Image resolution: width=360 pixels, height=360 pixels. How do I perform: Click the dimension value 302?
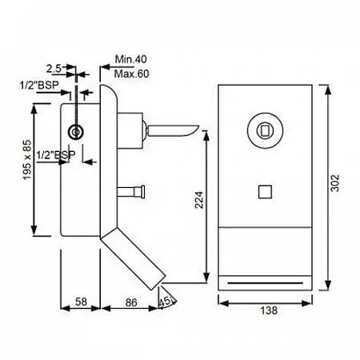click(334, 183)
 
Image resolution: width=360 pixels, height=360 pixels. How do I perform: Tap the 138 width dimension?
click(269, 310)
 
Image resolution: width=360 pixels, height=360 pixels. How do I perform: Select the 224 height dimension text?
click(199, 200)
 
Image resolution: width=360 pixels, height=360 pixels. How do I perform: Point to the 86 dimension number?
click(131, 302)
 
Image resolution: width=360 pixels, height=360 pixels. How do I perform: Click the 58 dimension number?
click(81, 302)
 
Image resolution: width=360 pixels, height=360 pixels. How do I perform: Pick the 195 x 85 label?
click(27, 160)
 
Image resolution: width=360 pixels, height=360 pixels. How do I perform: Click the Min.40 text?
click(131, 59)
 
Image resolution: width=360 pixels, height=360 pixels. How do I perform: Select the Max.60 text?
click(131, 74)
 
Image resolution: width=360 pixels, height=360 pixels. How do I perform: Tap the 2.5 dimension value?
click(54, 69)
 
